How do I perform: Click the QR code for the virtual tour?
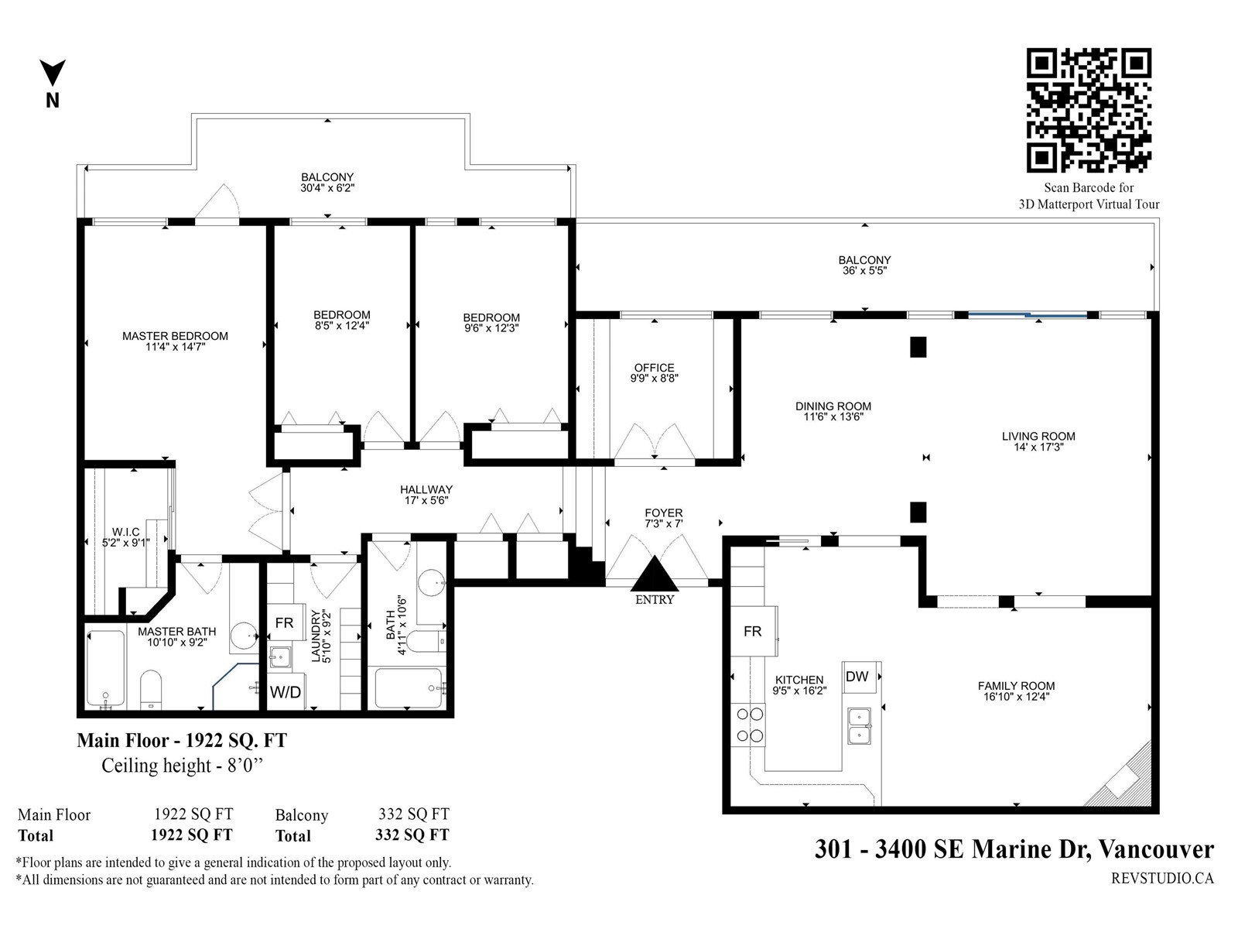click(x=1089, y=110)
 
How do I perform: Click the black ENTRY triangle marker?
click(x=655, y=574)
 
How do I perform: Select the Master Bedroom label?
click(x=176, y=336)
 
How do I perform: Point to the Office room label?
click(x=655, y=368)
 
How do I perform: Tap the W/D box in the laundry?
click(x=286, y=691)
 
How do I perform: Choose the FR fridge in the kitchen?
click(x=754, y=631)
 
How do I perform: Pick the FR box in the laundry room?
click(x=285, y=622)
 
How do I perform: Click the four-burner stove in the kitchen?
click(x=748, y=725)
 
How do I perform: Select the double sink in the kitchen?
click(x=859, y=726)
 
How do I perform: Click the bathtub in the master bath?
click(x=105, y=668)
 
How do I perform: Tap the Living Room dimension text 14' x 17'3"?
click(x=1038, y=447)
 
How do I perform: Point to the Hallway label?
click(x=426, y=489)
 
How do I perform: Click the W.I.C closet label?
click(x=126, y=532)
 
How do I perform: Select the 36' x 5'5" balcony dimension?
click(x=864, y=270)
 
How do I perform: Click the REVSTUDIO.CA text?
click(x=1162, y=879)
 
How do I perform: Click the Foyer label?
click(x=664, y=512)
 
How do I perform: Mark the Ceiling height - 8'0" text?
click(x=183, y=766)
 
